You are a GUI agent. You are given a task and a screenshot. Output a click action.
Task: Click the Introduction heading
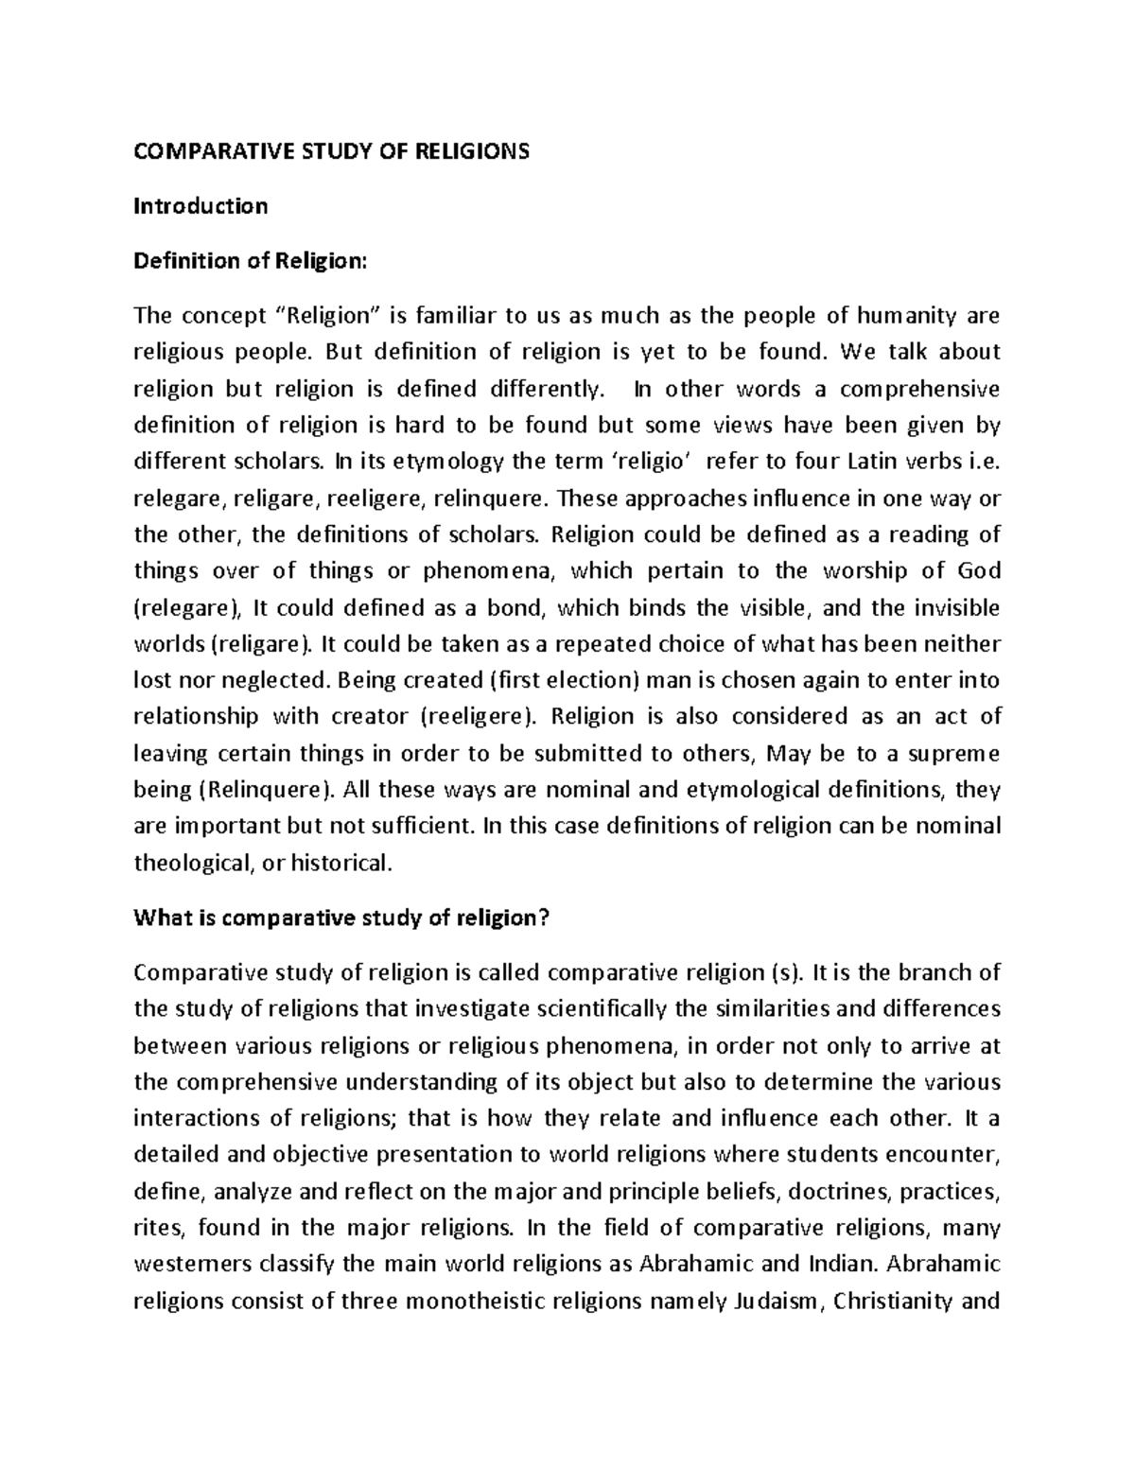[x=201, y=205]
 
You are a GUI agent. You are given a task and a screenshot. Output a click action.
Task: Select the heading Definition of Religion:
[x=249, y=260]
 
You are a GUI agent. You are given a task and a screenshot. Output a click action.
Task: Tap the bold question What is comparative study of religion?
[x=341, y=917]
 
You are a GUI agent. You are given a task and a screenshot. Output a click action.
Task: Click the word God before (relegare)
[x=978, y=570]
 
